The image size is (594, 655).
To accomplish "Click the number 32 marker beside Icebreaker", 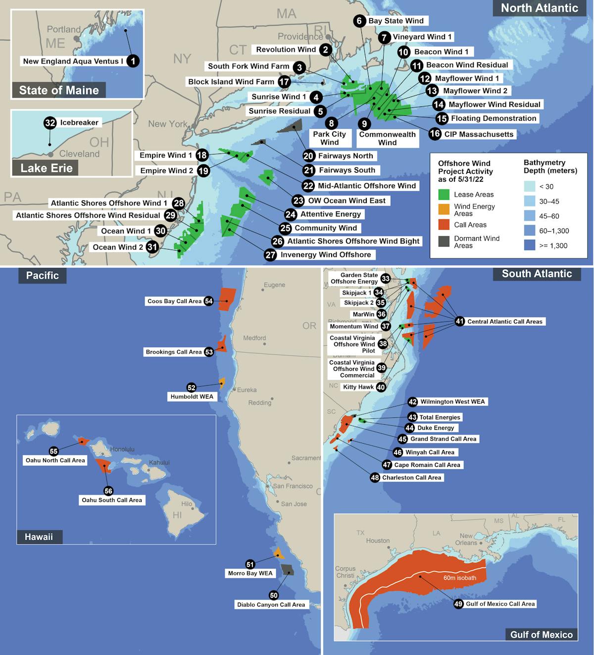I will click(x=50, y=123).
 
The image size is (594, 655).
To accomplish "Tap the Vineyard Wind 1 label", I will click(x=422, y=37).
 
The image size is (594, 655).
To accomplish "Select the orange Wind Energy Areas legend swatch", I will click(x=445, y=209).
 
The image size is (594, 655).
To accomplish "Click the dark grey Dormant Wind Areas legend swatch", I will click(x=445, y=241).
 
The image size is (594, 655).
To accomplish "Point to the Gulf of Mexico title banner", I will click(x=541, y=635).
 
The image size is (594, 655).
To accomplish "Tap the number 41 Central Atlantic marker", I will click(x=460, y=322).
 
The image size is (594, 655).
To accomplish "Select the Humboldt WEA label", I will click(x=192, y=397).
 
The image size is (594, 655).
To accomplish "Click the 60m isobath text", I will click(x=459, y=578).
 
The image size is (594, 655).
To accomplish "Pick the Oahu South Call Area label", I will click(x=112, y=500).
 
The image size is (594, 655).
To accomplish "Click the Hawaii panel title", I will click(x=39, y=537).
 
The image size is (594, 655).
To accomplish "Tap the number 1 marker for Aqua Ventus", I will click(x=133, y=61).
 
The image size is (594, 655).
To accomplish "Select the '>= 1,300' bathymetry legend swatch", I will click(x=530, y=245).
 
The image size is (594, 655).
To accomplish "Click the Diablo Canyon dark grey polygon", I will click(x=287, y=569).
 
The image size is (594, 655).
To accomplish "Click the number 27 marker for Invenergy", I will click(x=270, y=255).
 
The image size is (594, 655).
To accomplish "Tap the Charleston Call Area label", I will click(x=411, y=478).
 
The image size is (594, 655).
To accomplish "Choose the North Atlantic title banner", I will click(x=539, y=8).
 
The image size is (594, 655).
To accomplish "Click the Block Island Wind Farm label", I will click(x=231, y=82).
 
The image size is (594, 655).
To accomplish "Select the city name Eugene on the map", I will click(x=274, y=285).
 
